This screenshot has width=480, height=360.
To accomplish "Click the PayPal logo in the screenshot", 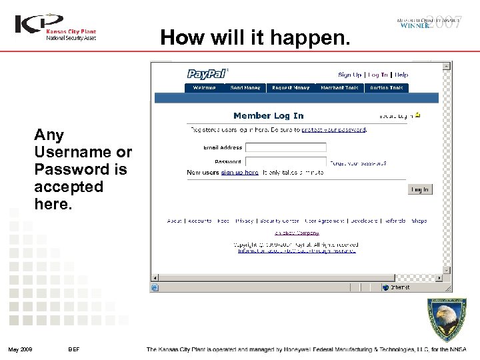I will tap(207, 74).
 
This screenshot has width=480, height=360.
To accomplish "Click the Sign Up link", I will tap(349, 75).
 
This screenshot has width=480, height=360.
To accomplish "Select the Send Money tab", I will tap(245, 88).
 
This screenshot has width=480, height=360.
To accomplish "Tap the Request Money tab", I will tap(291, 88).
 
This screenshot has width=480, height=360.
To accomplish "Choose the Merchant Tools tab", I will tap(339, 88).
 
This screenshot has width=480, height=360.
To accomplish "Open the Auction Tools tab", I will tap(387, 88).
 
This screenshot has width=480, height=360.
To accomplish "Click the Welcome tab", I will tap(204, 88).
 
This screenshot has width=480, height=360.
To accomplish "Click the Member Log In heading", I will tap(268, 116).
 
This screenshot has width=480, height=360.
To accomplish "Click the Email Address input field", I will tap(285, 147).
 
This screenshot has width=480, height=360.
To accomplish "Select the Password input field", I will tap(285, 161).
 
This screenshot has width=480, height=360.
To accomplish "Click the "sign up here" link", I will tap(239, 172).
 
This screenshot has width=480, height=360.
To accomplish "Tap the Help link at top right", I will tap(401, 75).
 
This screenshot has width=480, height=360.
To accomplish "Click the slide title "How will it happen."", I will tap(255, 38).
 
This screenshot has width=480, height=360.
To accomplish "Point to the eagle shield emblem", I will tap(447, 321).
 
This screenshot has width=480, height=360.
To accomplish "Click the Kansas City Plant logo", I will tap(56, 27).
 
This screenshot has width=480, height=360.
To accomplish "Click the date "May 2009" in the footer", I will tap(20, 349).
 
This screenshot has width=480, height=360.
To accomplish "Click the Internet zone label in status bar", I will tap(400, 288).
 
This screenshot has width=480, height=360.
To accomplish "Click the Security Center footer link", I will tap(279, 221).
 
